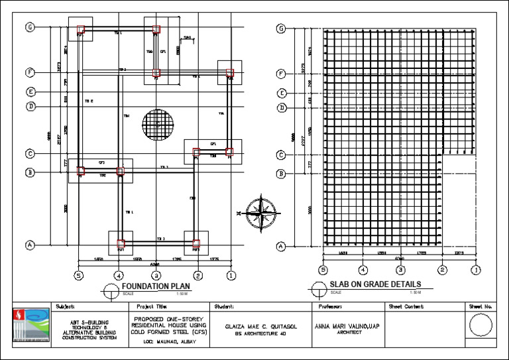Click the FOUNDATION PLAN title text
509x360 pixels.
tap(156, 286)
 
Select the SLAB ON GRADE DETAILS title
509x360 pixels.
tap(374, 285)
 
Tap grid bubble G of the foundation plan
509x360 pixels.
tap(30, 27)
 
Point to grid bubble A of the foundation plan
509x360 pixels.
tap(30, 245)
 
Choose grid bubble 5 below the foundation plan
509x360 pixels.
tap(78, 274)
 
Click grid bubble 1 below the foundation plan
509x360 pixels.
tap(231, 274)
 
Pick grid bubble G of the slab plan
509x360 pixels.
tap(282, 29)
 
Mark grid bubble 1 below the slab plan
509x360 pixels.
tap(476, 270)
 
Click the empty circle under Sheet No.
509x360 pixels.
tap(481, 327)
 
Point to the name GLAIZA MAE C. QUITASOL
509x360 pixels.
tap(260, 326)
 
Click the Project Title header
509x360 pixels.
tap(150, 307)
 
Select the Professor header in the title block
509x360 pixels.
tap(329, 307)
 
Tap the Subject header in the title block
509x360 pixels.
tap(66, 307)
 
